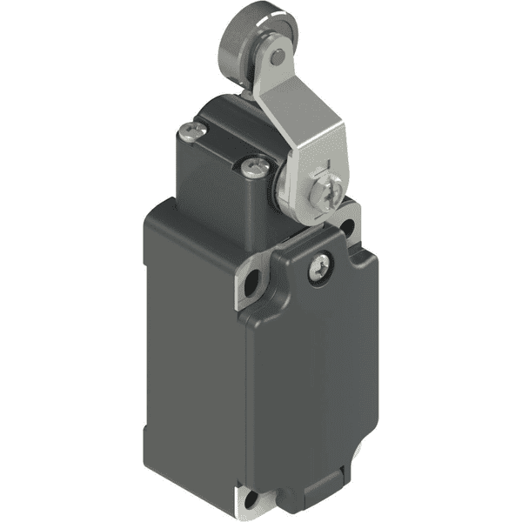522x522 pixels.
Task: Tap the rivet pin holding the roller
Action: [x=276, y=58]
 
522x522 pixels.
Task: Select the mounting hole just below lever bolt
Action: [x=347, y=227]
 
